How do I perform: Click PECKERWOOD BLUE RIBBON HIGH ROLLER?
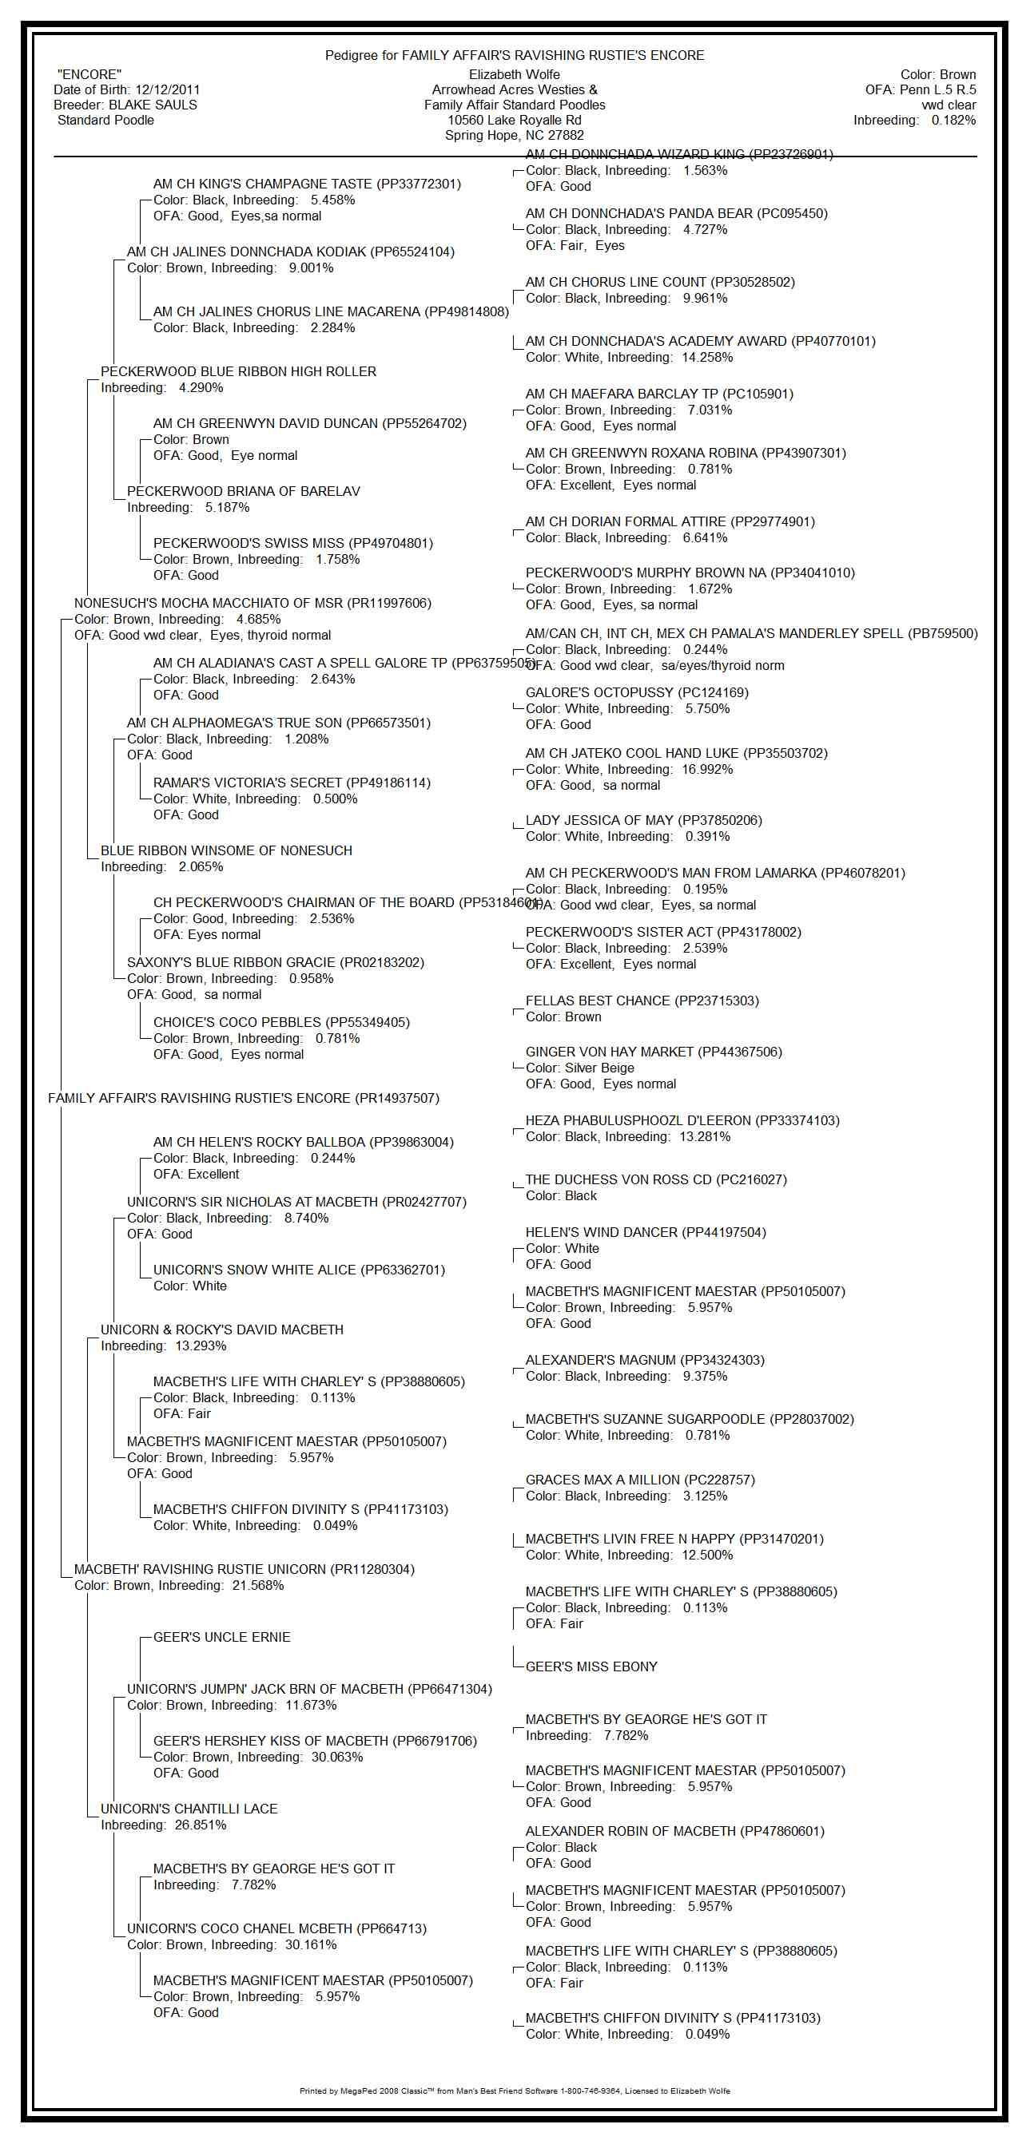click(x=238, y=371)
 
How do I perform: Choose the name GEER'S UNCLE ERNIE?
click(x=221, y=1637)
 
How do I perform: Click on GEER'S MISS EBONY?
click(x=591, y=1666)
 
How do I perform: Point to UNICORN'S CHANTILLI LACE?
click(x=189, y=1809)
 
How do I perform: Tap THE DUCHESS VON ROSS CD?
click(x=655, y=1179)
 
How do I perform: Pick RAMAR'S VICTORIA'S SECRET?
click(x=292, y=783)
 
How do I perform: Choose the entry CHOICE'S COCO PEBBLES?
click(x=281, y=1022)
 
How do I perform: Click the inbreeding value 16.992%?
click(x=707, y=769)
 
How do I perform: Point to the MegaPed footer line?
click(x=515, y=2090)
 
